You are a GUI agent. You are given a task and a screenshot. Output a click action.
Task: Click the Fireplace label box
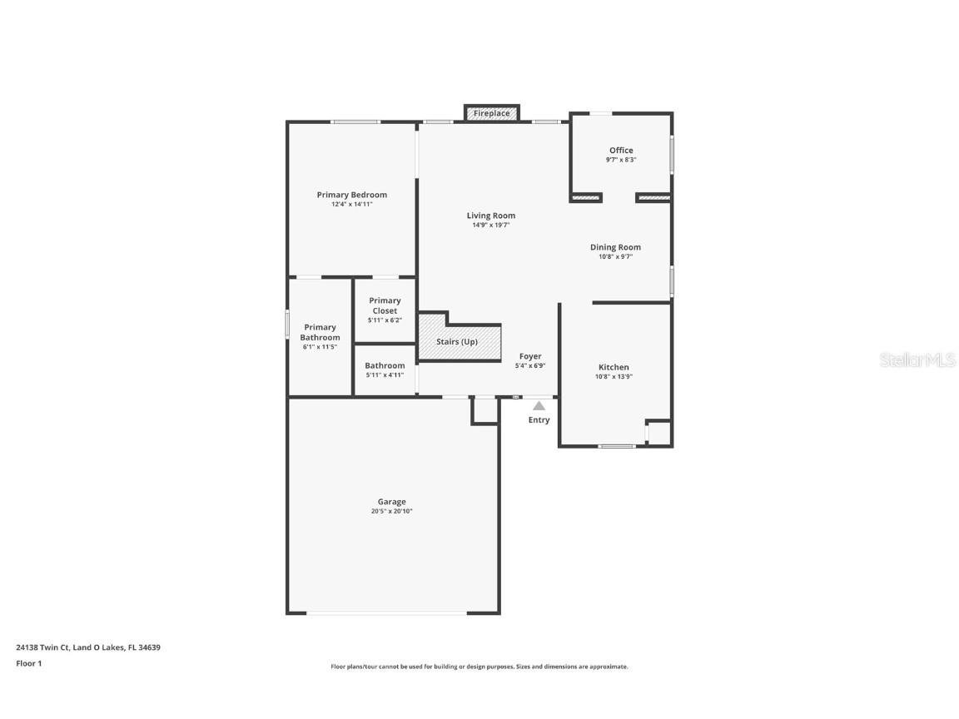pos(491,113)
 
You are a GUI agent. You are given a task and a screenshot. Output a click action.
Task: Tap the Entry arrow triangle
pos(539,406)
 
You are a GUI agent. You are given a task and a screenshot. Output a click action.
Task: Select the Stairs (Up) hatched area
pos(459,341)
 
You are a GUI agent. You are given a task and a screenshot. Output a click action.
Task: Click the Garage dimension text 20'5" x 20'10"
pos(391,512)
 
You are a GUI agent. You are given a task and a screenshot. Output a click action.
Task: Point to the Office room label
pos(621,151)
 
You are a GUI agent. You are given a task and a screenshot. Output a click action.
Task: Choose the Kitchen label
pos(614,367)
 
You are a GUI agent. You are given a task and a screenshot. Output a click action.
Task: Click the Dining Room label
pos(615,247)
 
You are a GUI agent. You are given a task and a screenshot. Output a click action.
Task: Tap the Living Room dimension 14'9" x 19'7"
pos(490,225)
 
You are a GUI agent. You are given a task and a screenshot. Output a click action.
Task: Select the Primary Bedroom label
pos(351,195)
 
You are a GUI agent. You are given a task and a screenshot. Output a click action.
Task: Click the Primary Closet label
pos(385,305)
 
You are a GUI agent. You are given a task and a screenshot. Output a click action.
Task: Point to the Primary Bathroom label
pos(320,332)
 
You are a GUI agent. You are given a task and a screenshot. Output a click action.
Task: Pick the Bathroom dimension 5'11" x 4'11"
pos(385,375)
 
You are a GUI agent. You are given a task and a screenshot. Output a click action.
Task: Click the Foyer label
pos(530,356)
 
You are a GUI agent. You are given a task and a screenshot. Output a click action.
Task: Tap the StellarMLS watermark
pos(918,359)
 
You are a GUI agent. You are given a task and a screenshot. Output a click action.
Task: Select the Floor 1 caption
pos(28,663)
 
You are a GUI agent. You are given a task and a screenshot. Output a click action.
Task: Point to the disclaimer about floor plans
pos(479,667)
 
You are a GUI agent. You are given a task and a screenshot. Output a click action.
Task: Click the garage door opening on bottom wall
pos(386,613)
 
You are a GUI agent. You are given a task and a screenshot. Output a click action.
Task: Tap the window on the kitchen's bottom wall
pos(616,446)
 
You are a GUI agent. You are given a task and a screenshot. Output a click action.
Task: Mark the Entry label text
pos(539,420)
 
